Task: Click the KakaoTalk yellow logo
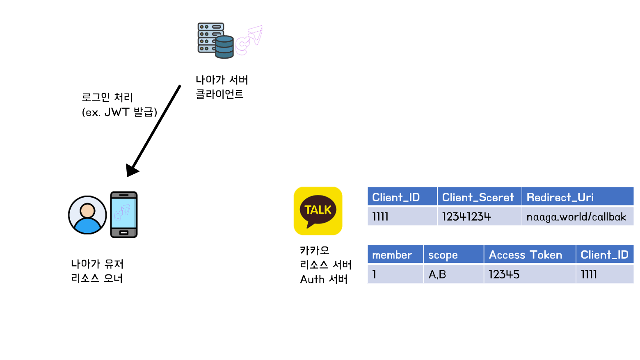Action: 318,211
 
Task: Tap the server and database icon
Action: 215,40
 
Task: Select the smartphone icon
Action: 123,214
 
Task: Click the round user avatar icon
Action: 87,215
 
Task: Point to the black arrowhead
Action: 132,169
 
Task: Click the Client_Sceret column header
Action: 478,197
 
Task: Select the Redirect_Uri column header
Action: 560,197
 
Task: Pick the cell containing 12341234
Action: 466,216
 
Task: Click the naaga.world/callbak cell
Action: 576,216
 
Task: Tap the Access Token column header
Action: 526,255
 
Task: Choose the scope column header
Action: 443,255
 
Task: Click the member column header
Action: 392,255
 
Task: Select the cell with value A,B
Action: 437,274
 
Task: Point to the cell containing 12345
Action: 504,274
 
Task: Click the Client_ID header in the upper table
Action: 396,197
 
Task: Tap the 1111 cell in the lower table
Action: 589,274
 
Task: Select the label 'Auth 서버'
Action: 324,279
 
